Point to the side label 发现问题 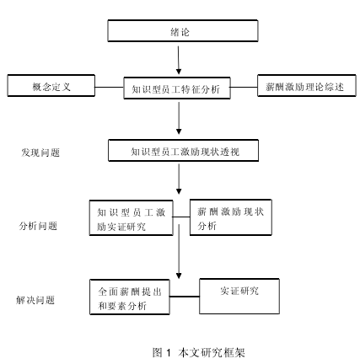tap(40, 153)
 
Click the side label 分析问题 tap(38, 226)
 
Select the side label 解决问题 tap(35, 300)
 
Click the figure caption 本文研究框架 tap(212, 352)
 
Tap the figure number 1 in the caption tap(169, 352)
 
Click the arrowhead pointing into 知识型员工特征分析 tap(179, 72)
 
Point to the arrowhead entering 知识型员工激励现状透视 tap(179, 131)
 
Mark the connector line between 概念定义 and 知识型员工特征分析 tap(110, 87)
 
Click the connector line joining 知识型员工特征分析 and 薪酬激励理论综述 tap(244, 87)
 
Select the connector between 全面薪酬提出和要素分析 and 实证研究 tap(185, 296)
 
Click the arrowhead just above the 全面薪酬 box tap(179, 276)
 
